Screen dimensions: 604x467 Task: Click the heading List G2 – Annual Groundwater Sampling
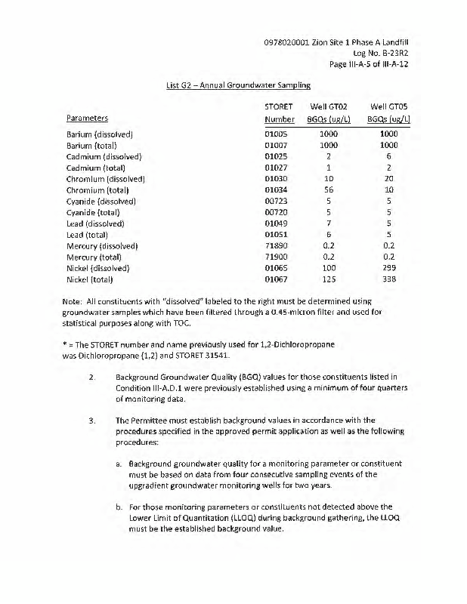pyautogui.click(x=238, y=85)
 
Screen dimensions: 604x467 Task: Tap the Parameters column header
pyautogui.click(x=87, y=119)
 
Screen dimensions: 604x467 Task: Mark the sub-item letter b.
pyautogui.click(x=119, y=508)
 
